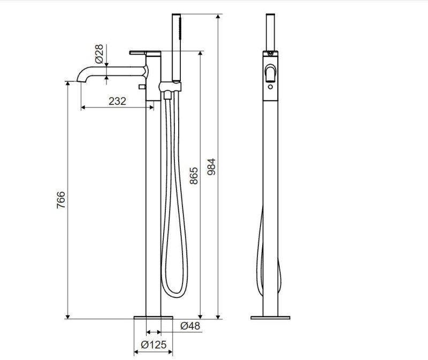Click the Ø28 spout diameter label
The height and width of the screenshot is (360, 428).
pos(100,54)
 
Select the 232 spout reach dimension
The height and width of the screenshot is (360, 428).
pos(117,101)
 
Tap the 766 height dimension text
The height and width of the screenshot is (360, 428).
pos(61,200)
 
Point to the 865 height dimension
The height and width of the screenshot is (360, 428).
pos(194,176)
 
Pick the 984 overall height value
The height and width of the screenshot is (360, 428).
pos(211,167)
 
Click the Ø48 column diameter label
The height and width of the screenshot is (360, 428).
pos(190,326)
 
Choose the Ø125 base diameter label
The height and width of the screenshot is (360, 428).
pos(154,344)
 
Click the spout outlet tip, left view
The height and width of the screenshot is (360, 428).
pos(81,81)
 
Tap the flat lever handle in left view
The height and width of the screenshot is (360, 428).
pos(145,52)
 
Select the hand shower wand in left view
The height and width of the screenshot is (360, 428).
pos(177,48)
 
